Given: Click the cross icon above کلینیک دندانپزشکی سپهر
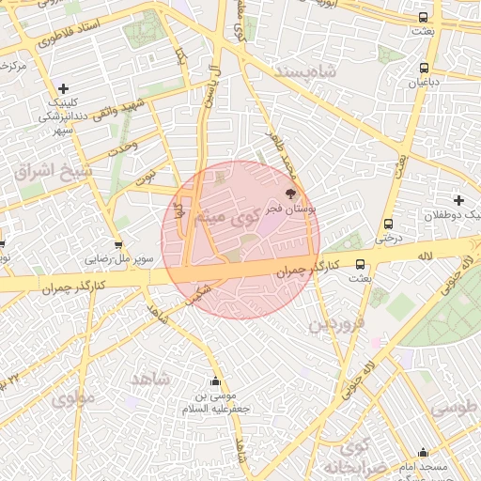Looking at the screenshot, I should [62, 88].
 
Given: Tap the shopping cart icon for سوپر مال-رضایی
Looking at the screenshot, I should [118, 246].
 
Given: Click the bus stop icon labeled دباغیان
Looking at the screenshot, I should [425, 68].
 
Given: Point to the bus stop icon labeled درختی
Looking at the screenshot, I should [388, 225].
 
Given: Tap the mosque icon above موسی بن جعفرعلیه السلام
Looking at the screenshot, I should [216, 382].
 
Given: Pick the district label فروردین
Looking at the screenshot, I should [335, 325].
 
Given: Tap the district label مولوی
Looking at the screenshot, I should [72, 398].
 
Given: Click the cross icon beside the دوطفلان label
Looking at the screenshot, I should [458, 200].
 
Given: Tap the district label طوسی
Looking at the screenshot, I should [455, 409].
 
